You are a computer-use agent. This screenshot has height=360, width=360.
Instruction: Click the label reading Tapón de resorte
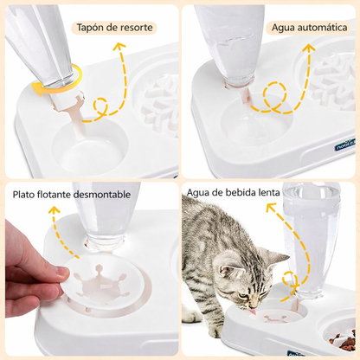coord(114,28)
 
